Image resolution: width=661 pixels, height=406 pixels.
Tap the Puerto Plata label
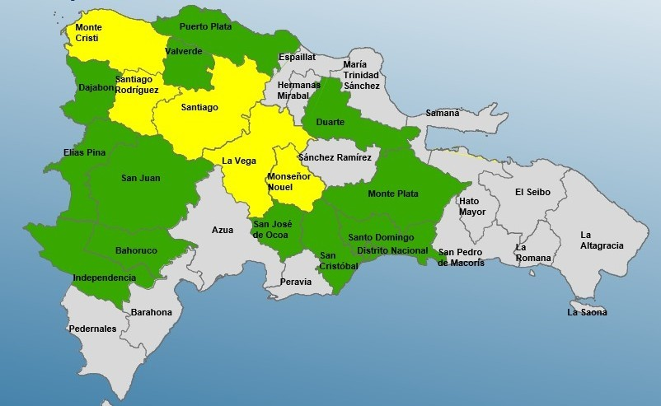[x=205, y=26]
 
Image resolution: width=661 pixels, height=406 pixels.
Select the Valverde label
[x=184, y=51]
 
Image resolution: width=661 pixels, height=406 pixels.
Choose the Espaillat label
[x=297, y=58]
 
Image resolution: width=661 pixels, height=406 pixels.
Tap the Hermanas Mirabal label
[x=299, y=90]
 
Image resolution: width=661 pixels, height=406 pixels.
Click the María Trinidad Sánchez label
[x=362, y=75]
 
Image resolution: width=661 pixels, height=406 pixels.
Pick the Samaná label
[x=443, y=113]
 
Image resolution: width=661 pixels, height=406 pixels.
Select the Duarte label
[x=330, y=122]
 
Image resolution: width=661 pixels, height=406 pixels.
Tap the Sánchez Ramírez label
[x=335, y=156]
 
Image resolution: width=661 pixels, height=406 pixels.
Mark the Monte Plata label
[x=393, y=194]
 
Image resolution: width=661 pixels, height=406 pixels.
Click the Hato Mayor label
[x=472, y=206]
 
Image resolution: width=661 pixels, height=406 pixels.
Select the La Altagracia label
[x=602, y=240]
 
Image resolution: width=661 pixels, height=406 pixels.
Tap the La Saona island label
[x=587, y=312]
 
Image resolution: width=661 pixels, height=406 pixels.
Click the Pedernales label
[x=92, y=329]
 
